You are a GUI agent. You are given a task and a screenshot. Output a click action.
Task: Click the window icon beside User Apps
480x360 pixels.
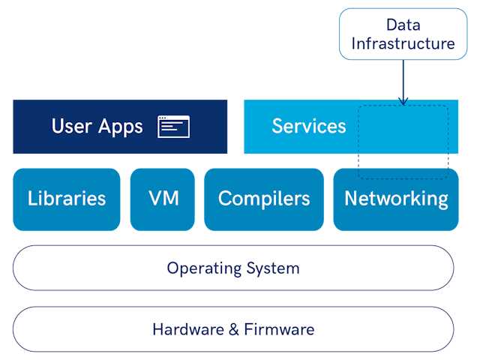pos(173,127)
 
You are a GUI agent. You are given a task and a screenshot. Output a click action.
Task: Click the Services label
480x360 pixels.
pos(309,126)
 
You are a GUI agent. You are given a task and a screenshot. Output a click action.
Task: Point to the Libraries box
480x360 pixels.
pos(67,199)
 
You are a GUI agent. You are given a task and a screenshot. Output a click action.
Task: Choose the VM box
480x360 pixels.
pos(162,199)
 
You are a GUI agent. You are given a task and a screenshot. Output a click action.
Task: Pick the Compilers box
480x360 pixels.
pos(264,199)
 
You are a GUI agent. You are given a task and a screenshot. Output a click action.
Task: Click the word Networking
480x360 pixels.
pos(396,199)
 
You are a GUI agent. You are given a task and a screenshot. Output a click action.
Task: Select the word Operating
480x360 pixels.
pos(198,268)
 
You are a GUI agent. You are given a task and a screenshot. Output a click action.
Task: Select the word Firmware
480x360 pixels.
pos(280,328)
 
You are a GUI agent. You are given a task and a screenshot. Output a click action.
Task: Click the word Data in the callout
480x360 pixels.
pos(403,25)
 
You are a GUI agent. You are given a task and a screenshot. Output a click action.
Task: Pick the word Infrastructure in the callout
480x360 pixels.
pos(403,43)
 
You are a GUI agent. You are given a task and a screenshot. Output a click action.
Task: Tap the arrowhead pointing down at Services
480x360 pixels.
pos(403,100)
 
